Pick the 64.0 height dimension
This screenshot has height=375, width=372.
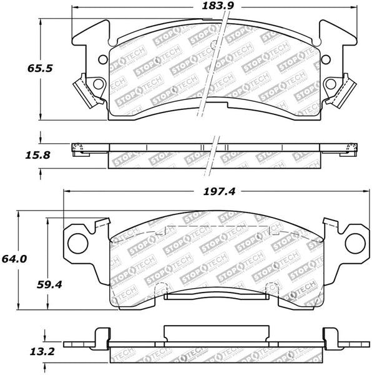coord(12,259)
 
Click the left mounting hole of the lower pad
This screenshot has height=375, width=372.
coord(79,240)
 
